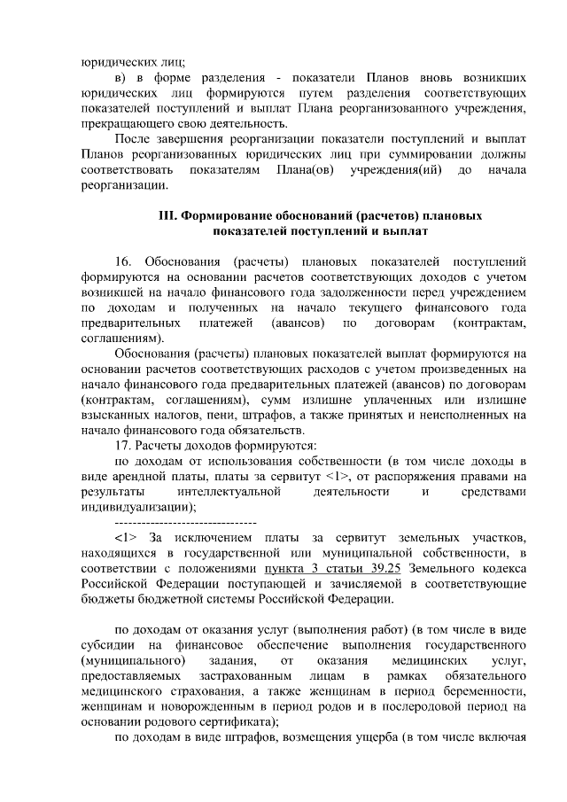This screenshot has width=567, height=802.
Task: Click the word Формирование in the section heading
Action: [x=221, y=215]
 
